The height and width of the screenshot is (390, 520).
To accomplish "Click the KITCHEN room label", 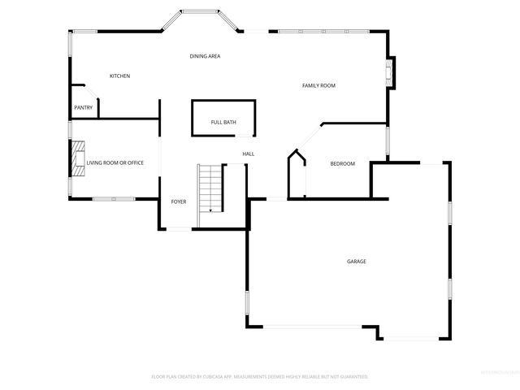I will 119,76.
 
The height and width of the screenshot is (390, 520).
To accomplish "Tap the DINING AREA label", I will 205,56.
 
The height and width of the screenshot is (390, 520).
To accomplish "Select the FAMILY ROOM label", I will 318,85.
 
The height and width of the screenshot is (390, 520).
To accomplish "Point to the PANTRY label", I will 83,107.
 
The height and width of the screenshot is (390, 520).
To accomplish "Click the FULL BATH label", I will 223,122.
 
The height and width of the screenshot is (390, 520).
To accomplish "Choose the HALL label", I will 248,154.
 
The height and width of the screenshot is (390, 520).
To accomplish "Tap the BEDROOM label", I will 342,164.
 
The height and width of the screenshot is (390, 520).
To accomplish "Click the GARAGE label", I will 356,262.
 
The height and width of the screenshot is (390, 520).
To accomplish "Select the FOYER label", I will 179,201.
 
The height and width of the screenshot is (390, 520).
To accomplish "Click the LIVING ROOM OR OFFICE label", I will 115,162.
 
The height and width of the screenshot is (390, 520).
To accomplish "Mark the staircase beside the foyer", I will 210,188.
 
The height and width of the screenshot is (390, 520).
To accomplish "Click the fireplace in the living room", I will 77,158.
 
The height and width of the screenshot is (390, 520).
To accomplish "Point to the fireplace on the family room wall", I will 391,72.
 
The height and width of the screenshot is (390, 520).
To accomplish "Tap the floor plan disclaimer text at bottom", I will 260,377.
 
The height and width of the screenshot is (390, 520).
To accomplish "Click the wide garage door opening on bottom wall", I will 314,327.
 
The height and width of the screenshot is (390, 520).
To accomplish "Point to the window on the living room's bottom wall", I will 106,199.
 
